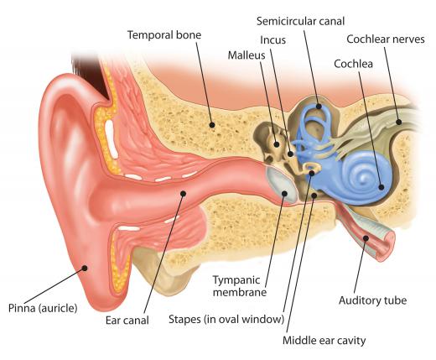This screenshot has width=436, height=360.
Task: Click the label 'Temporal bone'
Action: click(x=164, y=35)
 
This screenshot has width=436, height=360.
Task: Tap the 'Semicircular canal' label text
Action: click(x=300, y=21)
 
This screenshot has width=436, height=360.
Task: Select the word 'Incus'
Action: click(x=272, y=40)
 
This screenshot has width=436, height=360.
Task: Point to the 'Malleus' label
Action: click(x=247, y=55)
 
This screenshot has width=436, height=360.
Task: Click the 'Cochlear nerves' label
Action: click(x=386, y=39)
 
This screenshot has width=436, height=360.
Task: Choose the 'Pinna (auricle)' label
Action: click(x=43, y=308)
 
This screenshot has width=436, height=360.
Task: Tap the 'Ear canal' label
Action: click(x=127, y=321)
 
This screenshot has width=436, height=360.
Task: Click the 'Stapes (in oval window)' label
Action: click(x=226, y=319)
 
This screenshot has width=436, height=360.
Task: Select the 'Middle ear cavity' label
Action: click(x=324, y=341)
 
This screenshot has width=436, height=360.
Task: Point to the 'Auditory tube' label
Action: click(x=372, y=300)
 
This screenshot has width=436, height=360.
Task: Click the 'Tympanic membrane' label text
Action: click(x=240, y=286)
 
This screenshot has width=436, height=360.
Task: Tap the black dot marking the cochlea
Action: click(x=381, y=187)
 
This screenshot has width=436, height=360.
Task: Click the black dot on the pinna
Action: click(x=85, y=269)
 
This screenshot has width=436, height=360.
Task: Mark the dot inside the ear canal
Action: click(x=183, y=193)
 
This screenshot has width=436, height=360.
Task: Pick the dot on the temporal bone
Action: click(x=212, y=125)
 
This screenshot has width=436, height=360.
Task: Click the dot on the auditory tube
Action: click(x=366, y=238)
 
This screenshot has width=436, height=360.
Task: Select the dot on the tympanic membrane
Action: click(x=284, y=193)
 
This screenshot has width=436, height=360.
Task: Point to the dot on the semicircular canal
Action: click(x=319, y=107)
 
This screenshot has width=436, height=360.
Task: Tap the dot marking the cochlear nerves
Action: click(x=398, y=122)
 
